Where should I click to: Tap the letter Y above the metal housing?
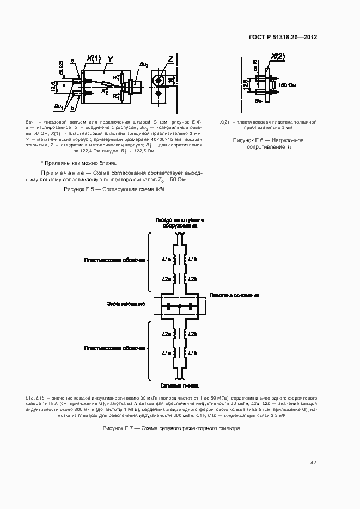pyautogui.click(x=111, y=58)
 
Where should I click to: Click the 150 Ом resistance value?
pyautogui.click(x=287, y=85)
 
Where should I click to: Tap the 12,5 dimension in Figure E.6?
pyautogui.click(x=246, y=85)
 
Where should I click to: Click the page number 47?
pyautogui.click(x=313, y=463)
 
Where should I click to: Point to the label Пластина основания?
pyautogui.click(x=234, y=296)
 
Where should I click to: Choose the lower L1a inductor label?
pyautogui.click(x=167, y=353)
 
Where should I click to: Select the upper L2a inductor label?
pyautogui.click(x=167, y=278)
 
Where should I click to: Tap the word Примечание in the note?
pyautogui.click(x=58, y=173)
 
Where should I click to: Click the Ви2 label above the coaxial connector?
pyautogui.click(x=143, y=64)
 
